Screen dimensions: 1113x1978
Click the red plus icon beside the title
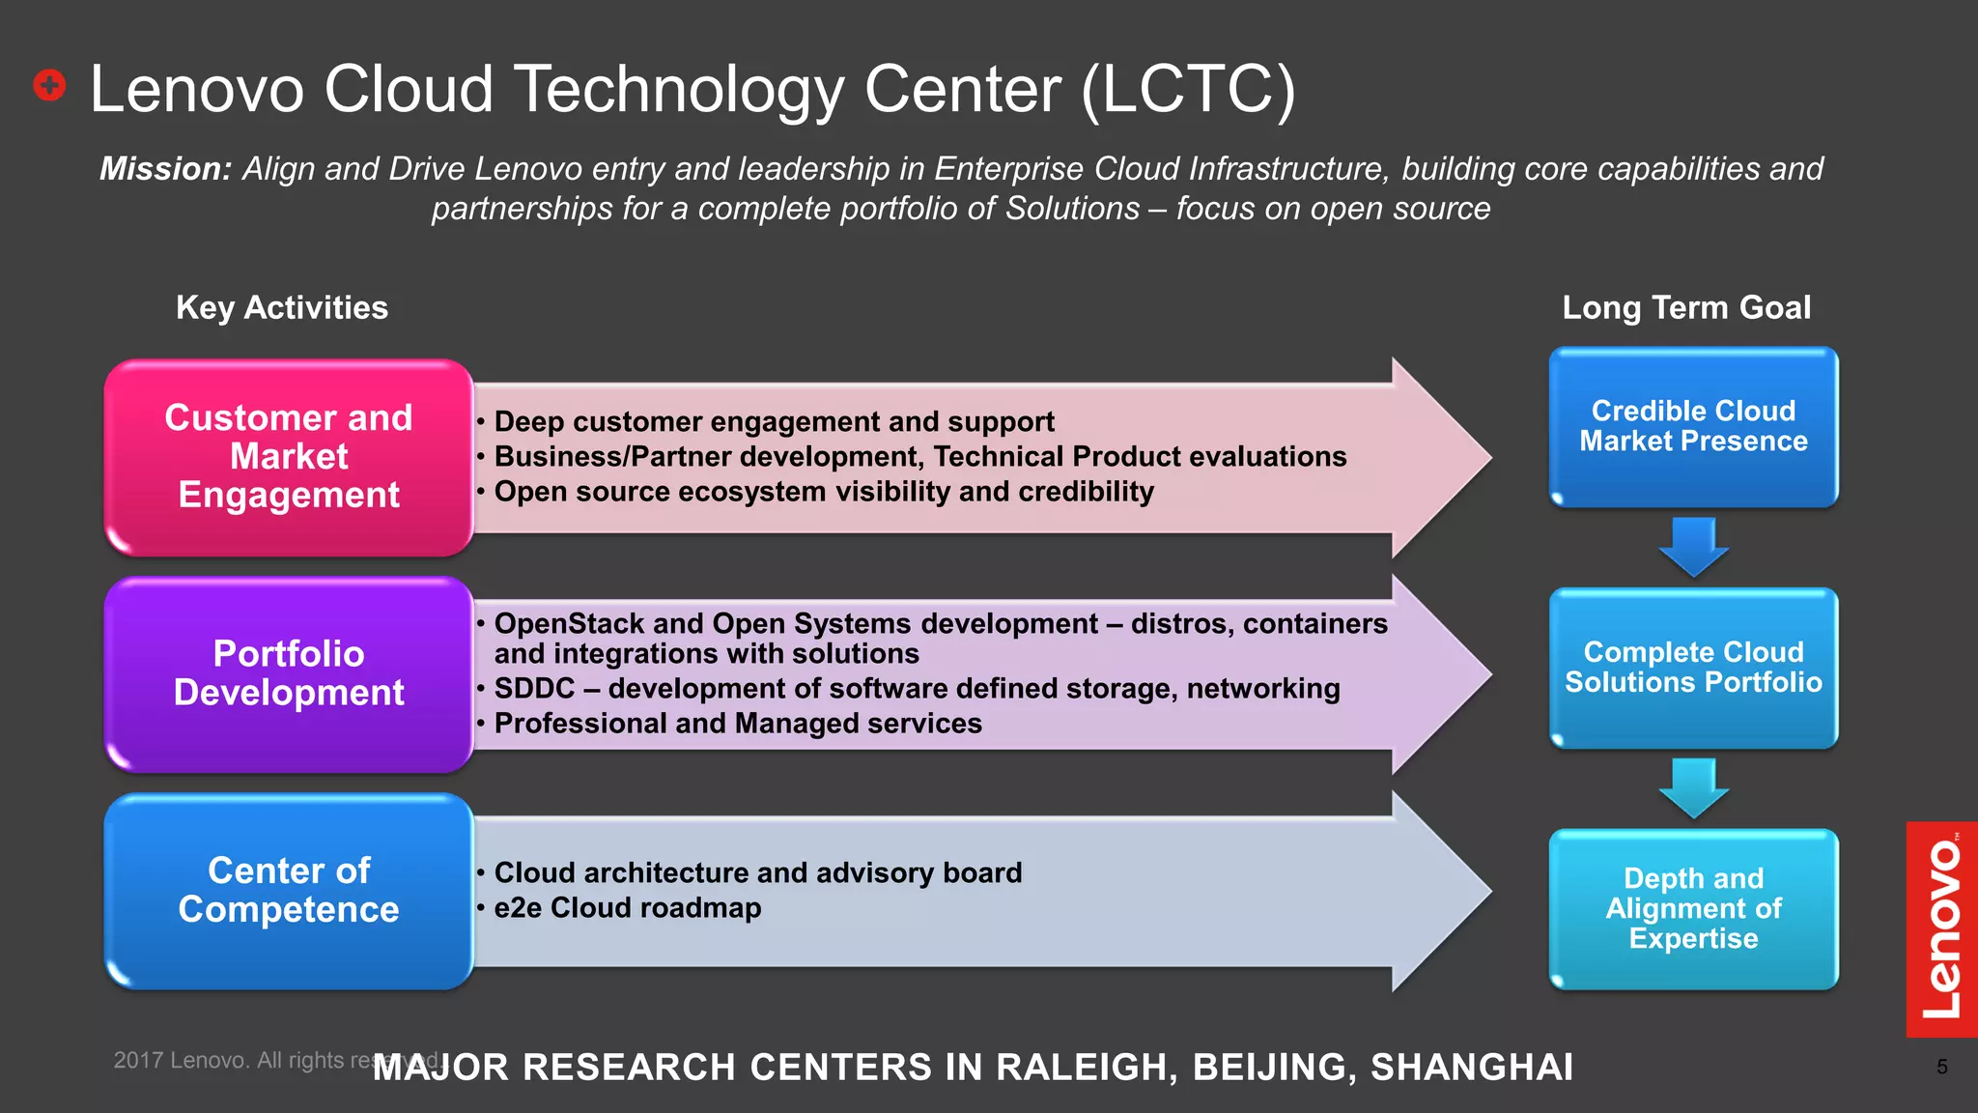49,85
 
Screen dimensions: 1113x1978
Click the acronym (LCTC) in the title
1188,90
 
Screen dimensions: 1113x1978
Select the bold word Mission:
165,169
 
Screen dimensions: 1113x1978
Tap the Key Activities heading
282,307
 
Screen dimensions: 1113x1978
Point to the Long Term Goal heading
1686,307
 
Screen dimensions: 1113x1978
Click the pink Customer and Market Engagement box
289,457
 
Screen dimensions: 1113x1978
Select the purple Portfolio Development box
289,673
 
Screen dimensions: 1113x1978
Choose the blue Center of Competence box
289,891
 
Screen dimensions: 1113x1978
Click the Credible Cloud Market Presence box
1693,426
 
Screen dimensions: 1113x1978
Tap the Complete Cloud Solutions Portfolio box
1693,668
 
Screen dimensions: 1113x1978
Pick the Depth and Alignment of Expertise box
1693,908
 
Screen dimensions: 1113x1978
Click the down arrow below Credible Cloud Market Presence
1693,546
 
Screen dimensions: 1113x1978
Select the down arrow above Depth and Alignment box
1693,787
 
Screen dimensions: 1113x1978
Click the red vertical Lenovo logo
1941,928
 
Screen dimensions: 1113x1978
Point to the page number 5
1941,1067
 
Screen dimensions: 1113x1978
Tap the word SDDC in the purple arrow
534,689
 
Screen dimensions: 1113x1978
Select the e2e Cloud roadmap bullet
627,908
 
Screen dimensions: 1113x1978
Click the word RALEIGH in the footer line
1086,1068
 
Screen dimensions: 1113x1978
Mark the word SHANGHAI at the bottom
1472,1068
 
